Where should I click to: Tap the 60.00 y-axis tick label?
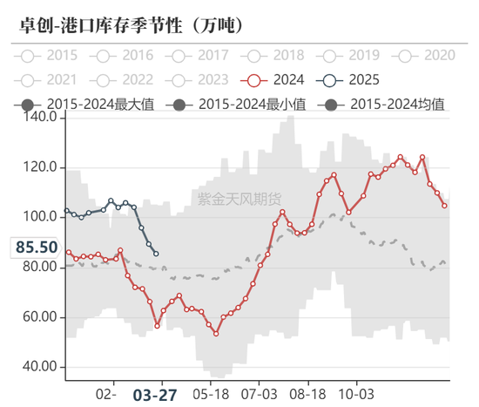[x=40, y=317]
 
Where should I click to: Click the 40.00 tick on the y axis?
[x=40, y=367]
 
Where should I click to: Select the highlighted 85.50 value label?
[x=37, y=248]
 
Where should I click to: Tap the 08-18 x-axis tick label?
[x=307, y=394]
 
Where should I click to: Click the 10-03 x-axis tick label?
[x=356, y=394]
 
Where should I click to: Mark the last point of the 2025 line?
[x=156, y=254]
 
